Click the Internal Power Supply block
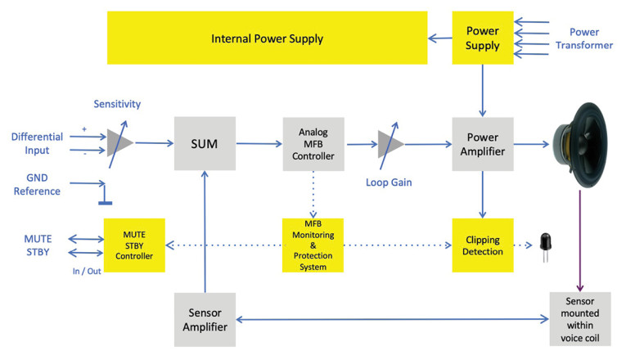pyautogui.click(x=267, y=38)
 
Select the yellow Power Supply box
pyautogui.click(x=482, y=38)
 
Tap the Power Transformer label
pyautogui.click(x=583, y=38)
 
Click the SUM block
pyautogui.click(x=205, y=143)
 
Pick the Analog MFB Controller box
pyautogui.click(x=313, y=143)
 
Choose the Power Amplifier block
pyautogui.click(x=482, y=143)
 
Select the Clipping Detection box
pyautogui.click(x=482, y=245)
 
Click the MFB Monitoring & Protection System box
pyautogui.click(x=313, y=245)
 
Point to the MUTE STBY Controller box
pyautogui.click(x=134, y=245)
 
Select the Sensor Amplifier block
pyautogui.click(x=205, y=319)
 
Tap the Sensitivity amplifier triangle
pyautogui.click(x=119, y=142)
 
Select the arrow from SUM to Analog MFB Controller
pyautogui.click(x=259, y=144)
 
